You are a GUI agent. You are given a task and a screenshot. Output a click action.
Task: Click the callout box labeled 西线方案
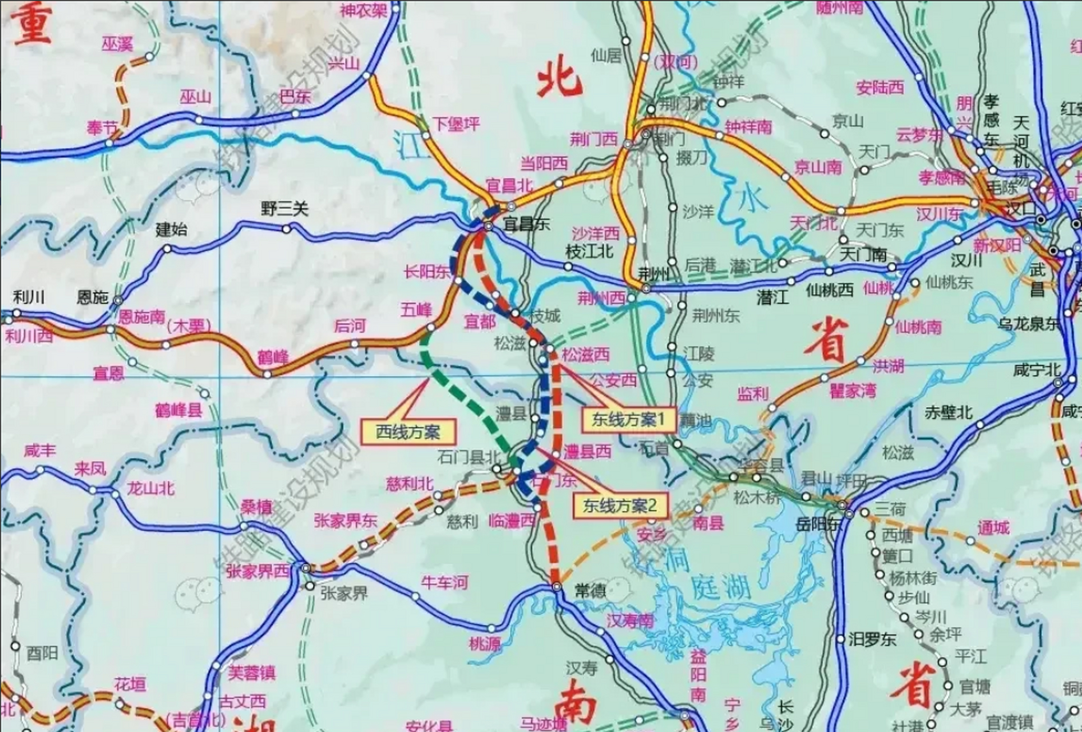(408, 432)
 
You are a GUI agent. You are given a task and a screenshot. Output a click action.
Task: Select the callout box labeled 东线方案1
(628, 420)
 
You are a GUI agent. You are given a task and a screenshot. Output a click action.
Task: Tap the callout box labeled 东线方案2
(619, 506)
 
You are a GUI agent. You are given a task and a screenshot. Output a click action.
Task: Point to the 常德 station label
(589, 590)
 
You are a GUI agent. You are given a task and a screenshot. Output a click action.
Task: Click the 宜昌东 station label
(526, 224)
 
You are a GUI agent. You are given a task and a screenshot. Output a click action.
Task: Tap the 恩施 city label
(93, 297)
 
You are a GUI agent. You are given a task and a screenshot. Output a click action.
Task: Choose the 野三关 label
(284, 209)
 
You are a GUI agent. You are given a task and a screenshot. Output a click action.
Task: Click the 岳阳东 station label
(819, 523)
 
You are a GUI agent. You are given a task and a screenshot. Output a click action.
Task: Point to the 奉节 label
(102, 128)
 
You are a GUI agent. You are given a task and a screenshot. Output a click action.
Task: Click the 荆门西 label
(594, 138)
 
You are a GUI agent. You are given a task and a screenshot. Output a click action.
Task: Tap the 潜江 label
(772, 297)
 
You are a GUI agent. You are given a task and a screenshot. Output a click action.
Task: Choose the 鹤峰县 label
(179, 409)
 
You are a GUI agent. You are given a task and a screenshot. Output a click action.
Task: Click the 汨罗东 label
(872, 639)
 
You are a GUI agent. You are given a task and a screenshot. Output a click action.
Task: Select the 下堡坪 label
(456, 124)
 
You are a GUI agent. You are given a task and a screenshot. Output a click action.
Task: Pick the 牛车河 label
(445, 583)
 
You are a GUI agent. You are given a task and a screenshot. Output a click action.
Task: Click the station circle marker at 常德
(557, 587)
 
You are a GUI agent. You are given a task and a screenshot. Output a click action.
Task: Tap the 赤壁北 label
(948, 412)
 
